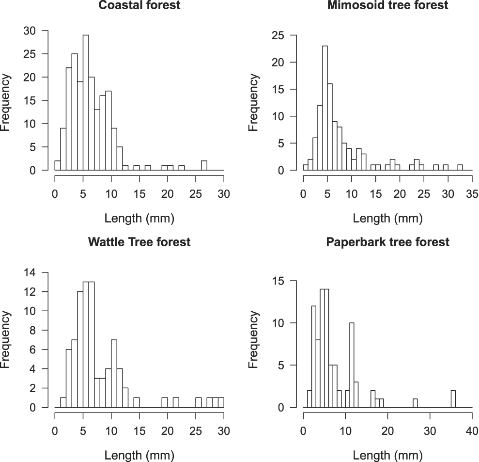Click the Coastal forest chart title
[x=139, y=6]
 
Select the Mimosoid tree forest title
[x=387, y=6]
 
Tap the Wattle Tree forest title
[x=139, y=242]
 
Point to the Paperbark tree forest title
[x=387, y=242]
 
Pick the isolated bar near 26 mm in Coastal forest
[x=204, y=165]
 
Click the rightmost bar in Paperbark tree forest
[x=453, y=399]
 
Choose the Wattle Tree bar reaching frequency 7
[x=114, y=374]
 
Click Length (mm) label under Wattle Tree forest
[x=139, y=455]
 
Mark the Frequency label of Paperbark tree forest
[x=253, y=339]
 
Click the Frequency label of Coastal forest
[x=6, y=102]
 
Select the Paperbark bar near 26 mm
[x=415, y=403]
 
